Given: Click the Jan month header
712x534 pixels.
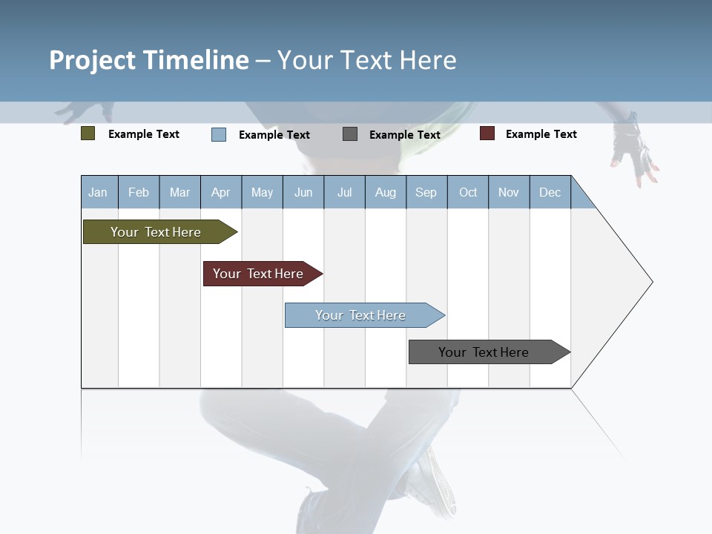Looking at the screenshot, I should point(99,192).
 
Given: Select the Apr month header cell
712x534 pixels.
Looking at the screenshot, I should point(221,192).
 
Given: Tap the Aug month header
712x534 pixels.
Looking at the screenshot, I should point(385,192).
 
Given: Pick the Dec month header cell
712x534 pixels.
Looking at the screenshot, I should point(550,192).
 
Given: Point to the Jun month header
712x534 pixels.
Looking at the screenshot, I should point(303,192).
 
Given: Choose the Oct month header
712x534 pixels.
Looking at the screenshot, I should point(468,192).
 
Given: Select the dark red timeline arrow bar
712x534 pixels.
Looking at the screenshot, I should point(260,274).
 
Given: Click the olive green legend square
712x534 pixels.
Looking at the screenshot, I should point(88,133).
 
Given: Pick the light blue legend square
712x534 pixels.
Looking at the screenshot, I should point(219,134).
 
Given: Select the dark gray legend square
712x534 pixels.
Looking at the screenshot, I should point(350,134).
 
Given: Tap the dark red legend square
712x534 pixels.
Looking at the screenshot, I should point(487,133).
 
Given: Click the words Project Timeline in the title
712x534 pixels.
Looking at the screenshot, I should point(149,60).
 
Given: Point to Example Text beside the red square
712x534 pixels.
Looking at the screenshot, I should point(541,134).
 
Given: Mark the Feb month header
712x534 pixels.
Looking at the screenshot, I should point(139,192).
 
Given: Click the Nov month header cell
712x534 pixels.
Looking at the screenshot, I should point(509,192).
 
